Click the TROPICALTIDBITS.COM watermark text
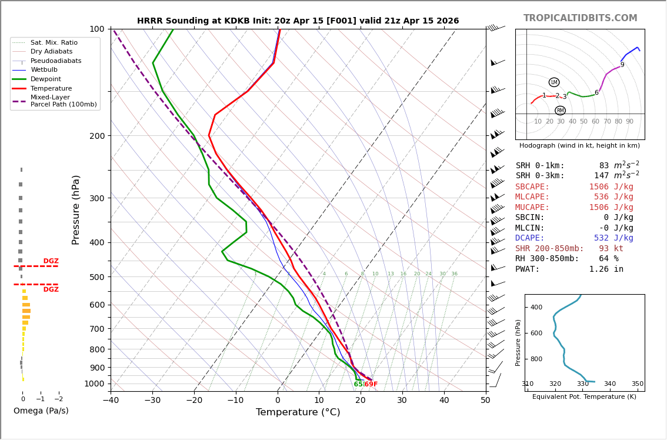[580, 18]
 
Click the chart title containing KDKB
[298, 21]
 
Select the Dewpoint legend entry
[46, 79]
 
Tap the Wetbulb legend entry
[44, 70]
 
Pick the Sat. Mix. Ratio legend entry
[54, 43]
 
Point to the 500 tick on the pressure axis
[97, 277]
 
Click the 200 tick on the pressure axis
[97, 136]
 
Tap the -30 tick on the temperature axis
[152, 401]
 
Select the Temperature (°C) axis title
[298, 412]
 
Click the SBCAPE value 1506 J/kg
[611, 187]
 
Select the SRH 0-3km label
[540, 176]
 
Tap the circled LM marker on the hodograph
[554, 82]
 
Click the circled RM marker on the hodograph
[560, 111]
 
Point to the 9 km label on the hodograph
[622, 65]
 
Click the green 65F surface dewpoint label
[358, 385]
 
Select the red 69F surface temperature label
[371, 385]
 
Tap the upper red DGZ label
[51, 261]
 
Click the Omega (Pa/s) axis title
[41, 411]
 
